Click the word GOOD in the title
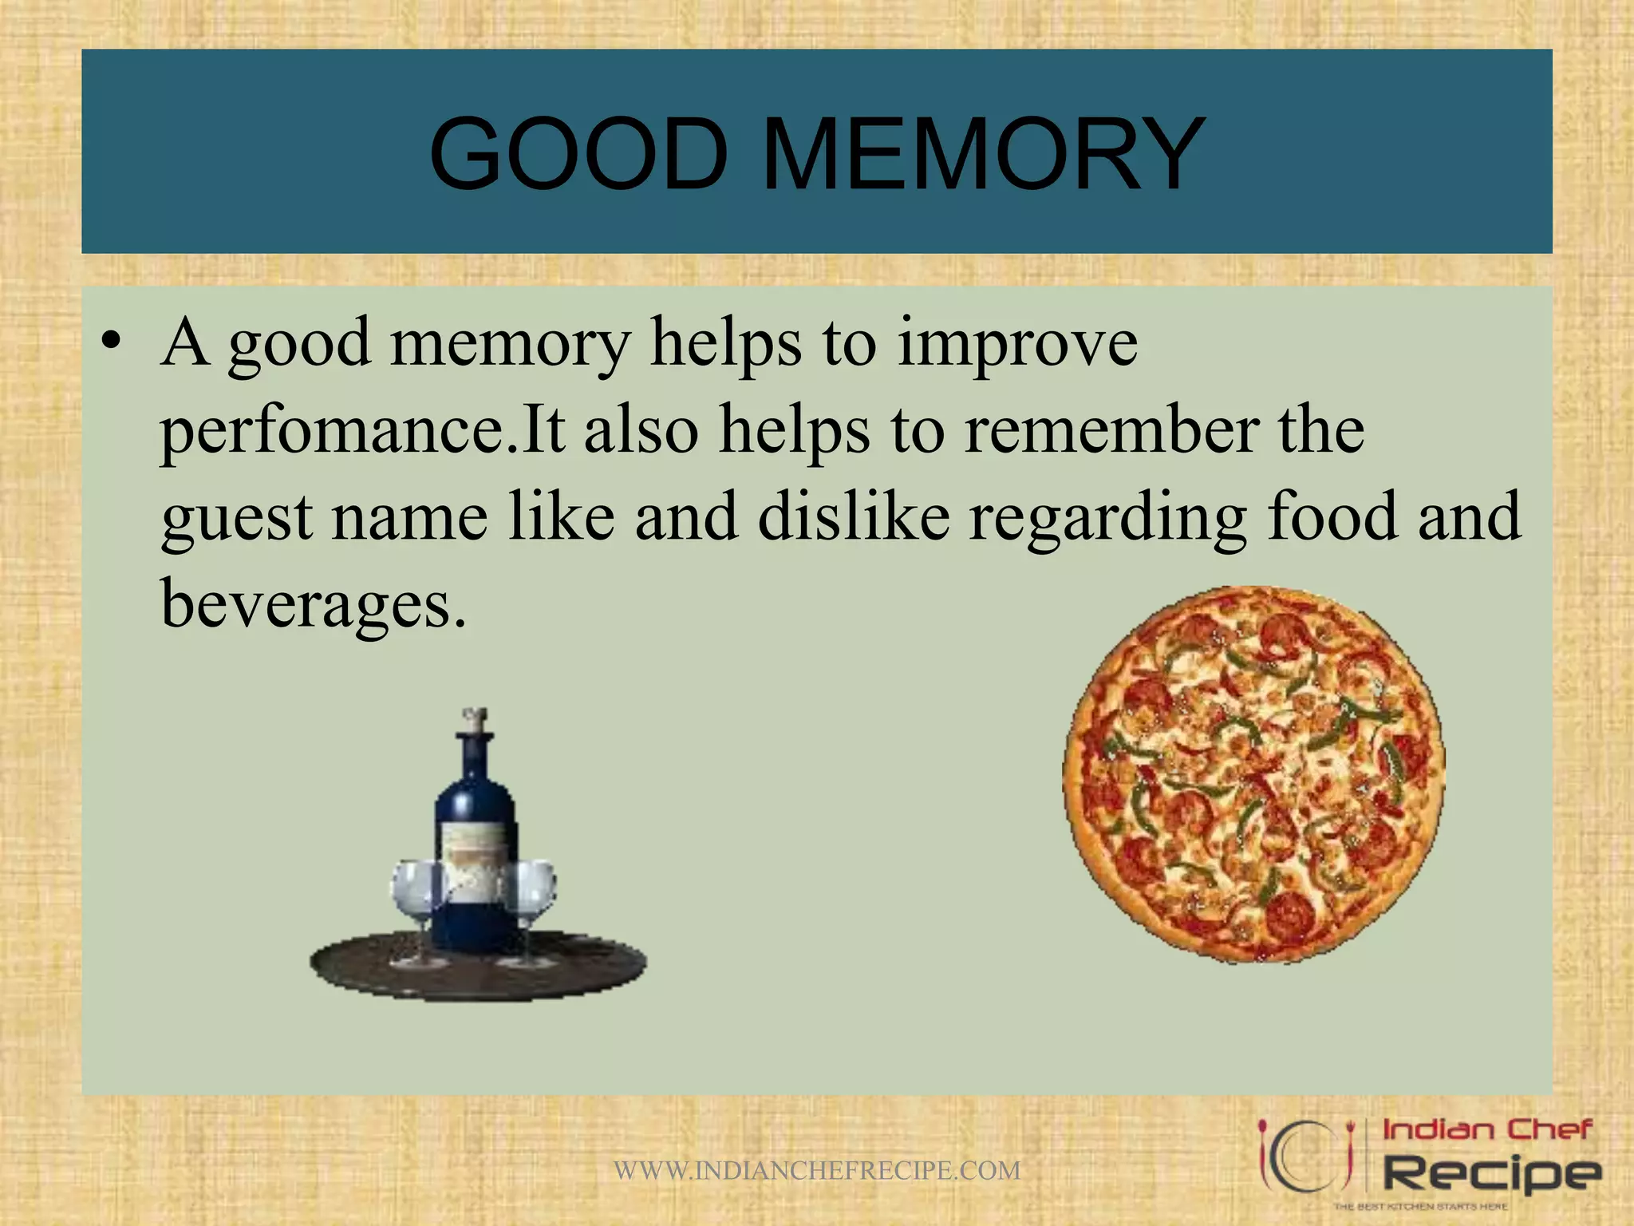pyautogui.click(x=578, y=153)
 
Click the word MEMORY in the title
pyautogui.click(x=983, y=153)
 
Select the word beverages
pyautogui.click(x=313, y=604)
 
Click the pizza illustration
pyautogui.click(x=1253, y=774)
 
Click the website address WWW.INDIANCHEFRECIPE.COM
pyautogui.click(x=817, y=1171)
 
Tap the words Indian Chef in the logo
pyautogui.click(x=1487, y=1130)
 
